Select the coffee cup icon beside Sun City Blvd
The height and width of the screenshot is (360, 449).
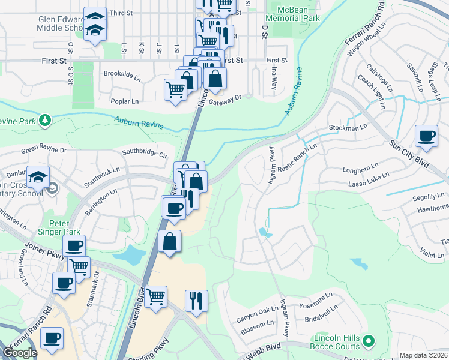[426, 136]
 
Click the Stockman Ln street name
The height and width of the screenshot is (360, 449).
[347, 128]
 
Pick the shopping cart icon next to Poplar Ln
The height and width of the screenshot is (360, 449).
[175, 90]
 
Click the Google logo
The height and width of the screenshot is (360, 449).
[19, 353]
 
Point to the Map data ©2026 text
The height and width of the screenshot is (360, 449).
[423, 356]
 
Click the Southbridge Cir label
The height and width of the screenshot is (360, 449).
[145, 153]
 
